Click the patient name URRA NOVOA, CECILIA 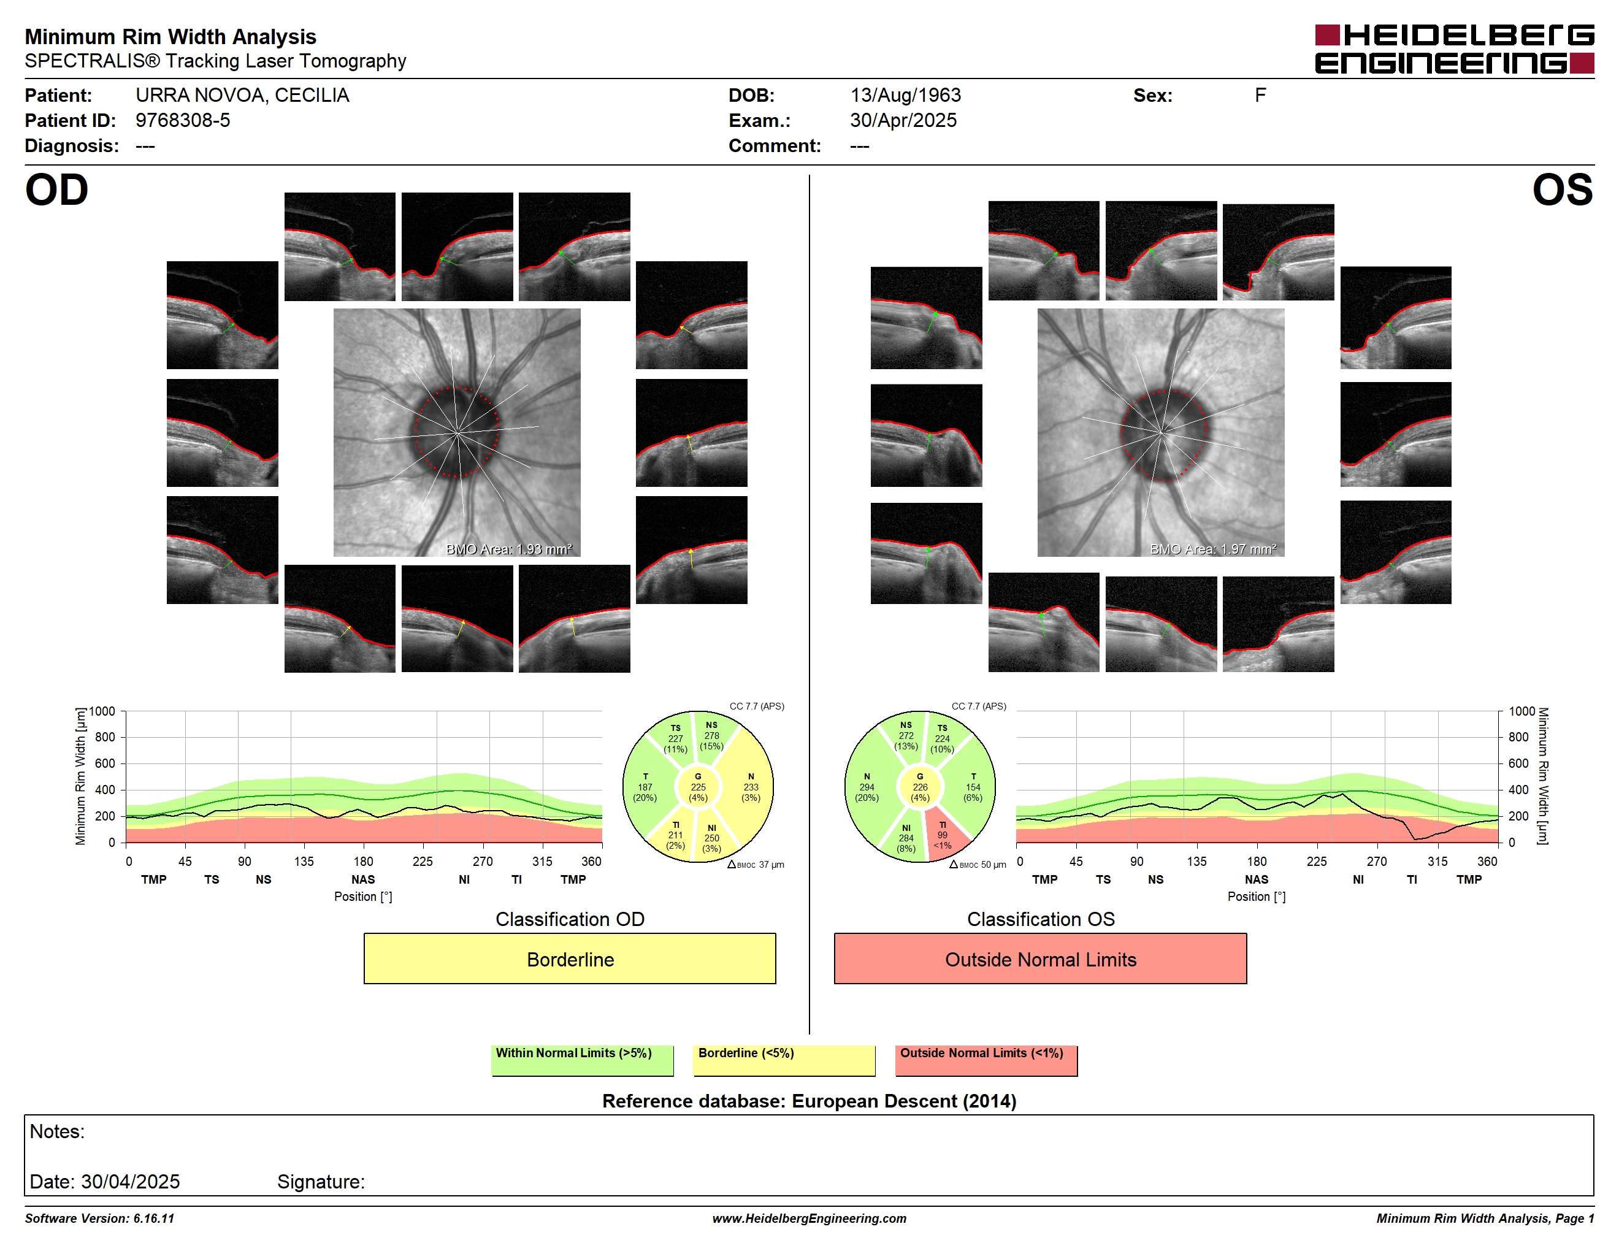[x=242, y=96]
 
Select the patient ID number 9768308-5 [x=182, y=120]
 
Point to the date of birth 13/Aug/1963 [x=905, y=96]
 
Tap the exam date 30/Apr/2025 [x=903, y=120]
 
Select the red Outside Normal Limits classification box [x=1040, y=958]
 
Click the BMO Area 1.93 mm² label [x=509, y=549]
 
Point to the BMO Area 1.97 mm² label [x=1214, y=549]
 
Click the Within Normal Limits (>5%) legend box [x=582, y=1060]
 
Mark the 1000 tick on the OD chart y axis [x=102, y=711]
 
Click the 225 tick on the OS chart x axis [x=1317, y=861]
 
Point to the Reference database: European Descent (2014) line [x=809, y=1101]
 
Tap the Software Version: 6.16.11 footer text [x=99, y=1218]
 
